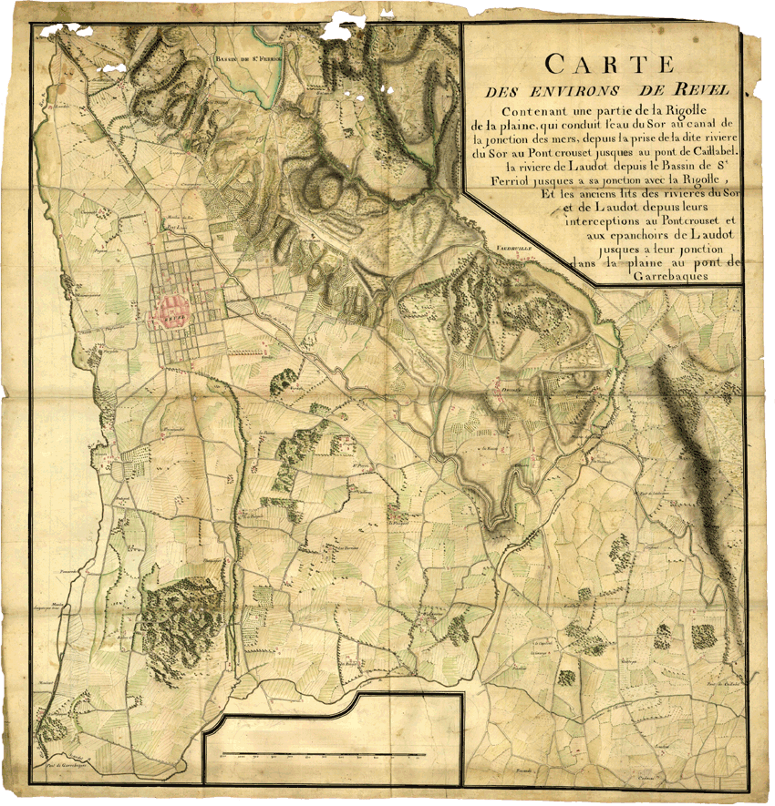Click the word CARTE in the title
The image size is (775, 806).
pos(608,65)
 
